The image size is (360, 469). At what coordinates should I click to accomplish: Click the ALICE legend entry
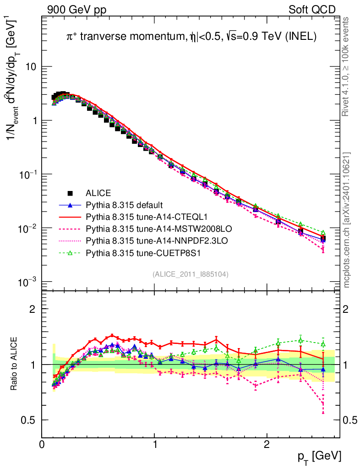[x=98, y=193]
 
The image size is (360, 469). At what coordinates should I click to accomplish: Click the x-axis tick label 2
[x=267, y=444]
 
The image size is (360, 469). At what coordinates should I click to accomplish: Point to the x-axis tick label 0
[x=42, y=444]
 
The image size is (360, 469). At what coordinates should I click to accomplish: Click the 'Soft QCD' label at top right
[x=311, y=10]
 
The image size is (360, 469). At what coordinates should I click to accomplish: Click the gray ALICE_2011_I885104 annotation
[x=190, y=274]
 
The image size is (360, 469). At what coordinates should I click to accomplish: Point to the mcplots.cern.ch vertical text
[x=347, y=220]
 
